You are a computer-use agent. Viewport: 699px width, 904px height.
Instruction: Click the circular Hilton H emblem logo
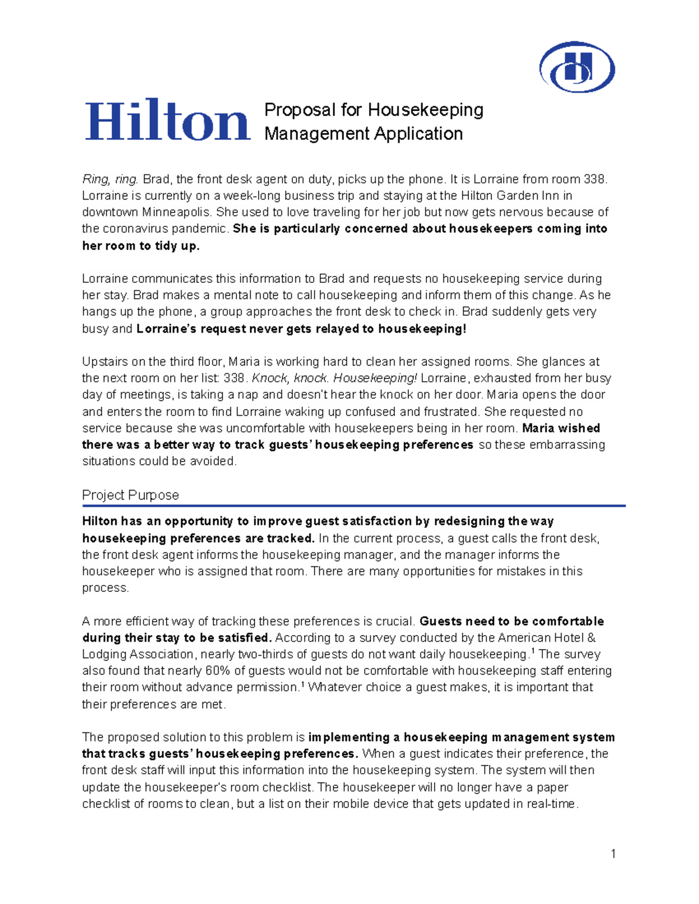[577, 67]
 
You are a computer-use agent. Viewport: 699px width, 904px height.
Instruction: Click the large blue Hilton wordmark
[168, 120]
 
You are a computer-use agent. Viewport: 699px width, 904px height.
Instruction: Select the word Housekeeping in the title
[425, 110]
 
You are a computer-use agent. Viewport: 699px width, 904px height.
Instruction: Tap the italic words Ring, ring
[110, 179]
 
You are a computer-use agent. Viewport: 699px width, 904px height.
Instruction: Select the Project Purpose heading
[130, 495]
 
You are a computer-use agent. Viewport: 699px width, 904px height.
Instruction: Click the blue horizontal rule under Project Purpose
[354, 506]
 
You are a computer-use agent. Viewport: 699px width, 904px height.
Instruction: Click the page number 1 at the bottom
[613, 854]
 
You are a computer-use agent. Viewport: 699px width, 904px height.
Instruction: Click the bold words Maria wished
[561, 428]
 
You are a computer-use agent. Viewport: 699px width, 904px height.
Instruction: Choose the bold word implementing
[349, 738]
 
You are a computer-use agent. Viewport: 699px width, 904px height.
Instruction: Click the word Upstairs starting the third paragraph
[105, 361]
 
